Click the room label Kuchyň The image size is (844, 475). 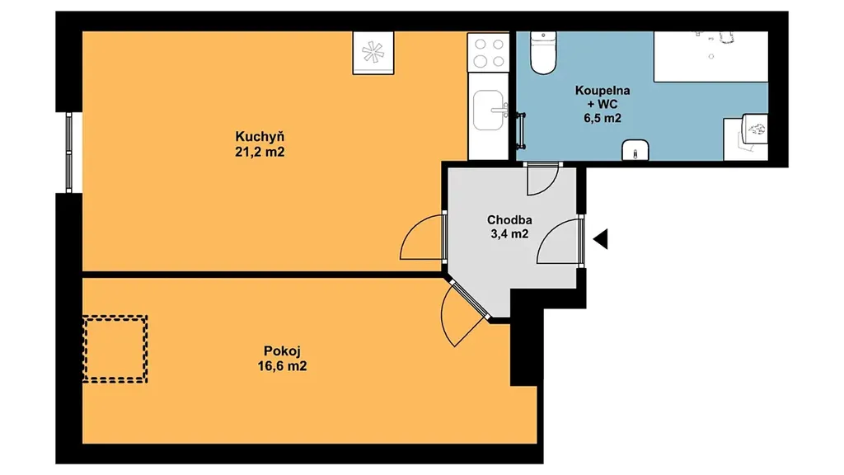(x=260, y=137)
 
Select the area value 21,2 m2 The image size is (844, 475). (x=260, y=152)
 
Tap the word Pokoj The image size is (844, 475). (x=282, y=351)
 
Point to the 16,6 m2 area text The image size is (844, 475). (x=282, y=366)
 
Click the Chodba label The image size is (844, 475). (x=509, y=219)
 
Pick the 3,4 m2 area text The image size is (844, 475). (x=509, y=233)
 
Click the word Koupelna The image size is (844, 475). (x=603, y=91)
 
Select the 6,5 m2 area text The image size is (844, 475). (x=603, y=118)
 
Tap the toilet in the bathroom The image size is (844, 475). (x=542, y=52)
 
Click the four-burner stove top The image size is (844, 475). (x=489, y=52)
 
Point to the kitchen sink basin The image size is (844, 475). (x=489, y=110)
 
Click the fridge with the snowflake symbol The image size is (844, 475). (x=373, y=52)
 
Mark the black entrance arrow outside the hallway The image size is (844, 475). (x=601, y=238)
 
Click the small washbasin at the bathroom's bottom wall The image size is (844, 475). (x=635, y=150)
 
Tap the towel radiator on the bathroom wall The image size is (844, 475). (x=521, y=129)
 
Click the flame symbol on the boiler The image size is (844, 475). (x=757, y=129)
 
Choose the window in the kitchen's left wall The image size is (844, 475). (x=69, y=153)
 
